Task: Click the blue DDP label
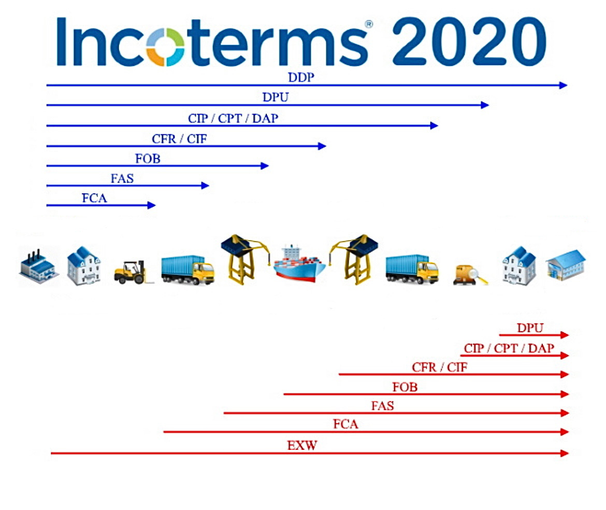pos(301,77)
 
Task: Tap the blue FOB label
pos(148,159)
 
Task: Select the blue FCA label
pos(94,198)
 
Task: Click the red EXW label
pos(302,445)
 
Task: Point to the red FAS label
pos(383,406)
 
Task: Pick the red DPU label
pos(530,328)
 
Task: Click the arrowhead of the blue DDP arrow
pos(564,85)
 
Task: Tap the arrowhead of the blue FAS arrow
pos(205,186)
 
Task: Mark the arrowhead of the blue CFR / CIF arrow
pos(322,146)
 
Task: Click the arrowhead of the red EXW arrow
pos(565,453)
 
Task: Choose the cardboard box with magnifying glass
pos(470,275)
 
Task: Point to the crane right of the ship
pos(353,259)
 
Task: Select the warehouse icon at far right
pos(566,264)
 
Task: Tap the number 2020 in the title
pos(469,41)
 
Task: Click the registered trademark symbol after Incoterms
pos(369,24)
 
